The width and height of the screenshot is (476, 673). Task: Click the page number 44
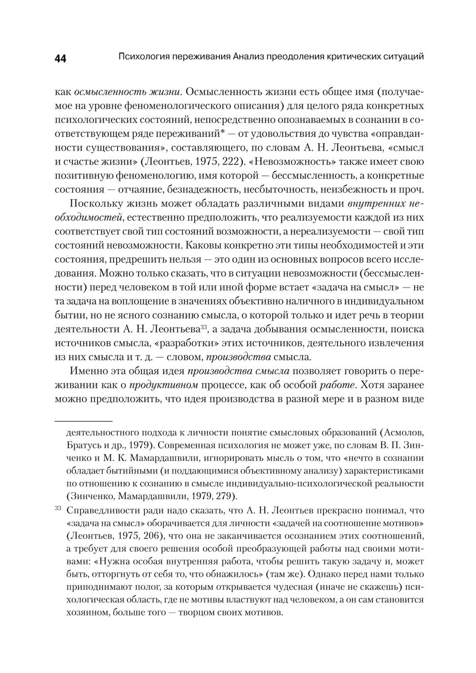pyautogui.click(x=60, y=59)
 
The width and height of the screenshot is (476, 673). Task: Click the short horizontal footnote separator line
pyautogui.click(x=84, y=421)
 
